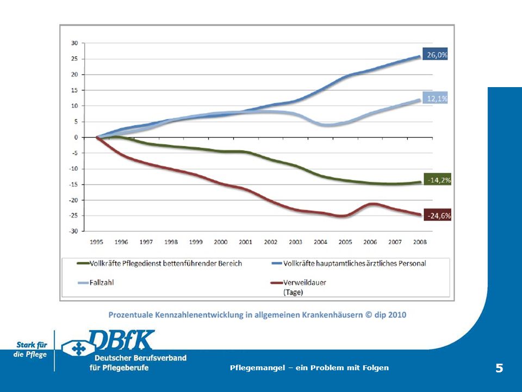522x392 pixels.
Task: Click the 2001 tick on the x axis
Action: point(245,242)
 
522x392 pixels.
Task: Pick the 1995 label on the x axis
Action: point(97,242)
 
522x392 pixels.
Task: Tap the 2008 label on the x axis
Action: point(420,242)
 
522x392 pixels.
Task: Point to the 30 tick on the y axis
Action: point(75,43)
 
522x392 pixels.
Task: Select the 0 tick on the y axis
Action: point(77,137)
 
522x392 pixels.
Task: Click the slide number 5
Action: point(499,368)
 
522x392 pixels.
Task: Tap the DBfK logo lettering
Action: point(122,341)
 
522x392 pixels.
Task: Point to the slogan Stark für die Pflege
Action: point(30,350)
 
